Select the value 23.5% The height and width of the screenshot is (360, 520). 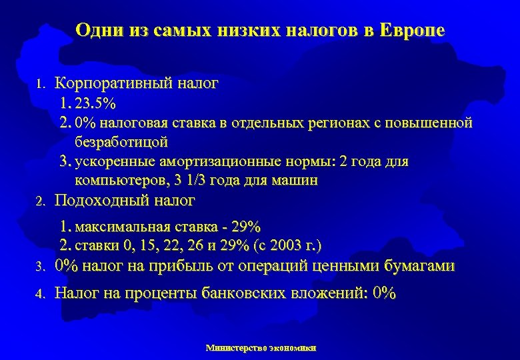click(x=97, y=104)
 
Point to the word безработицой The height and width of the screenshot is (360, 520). click(x=122, y=142)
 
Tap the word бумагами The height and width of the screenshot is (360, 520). click(x=420, y=266)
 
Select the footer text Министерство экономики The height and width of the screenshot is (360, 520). click(x=261, y=347)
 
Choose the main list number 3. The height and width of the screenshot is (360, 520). click(x=40, y=267)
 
